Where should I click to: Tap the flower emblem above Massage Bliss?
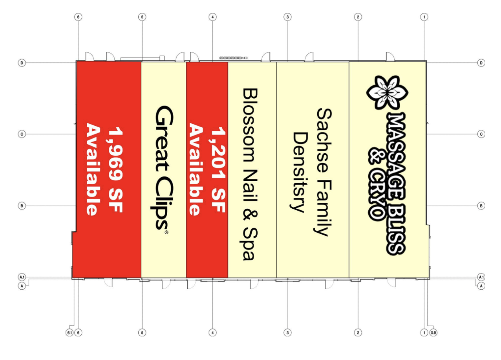(x=387, y=92)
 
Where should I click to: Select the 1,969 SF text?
(x=115, y=170)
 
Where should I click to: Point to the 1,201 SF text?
(x=218, y=170)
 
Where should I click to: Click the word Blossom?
(x=250, y=125)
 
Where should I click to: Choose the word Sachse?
(x=324, y=140)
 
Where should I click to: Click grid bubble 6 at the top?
(x=78, y=17)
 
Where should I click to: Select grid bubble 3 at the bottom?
(x=287, y=332)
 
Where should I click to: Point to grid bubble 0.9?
(x=433, y=332)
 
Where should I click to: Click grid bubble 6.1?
(x=69, y=332)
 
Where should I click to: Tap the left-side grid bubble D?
(x=22, y=63)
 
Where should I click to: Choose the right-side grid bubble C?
(x=481, y=134)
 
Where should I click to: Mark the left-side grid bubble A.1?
(x=22, y=277)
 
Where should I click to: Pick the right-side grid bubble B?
(x=481, y=206)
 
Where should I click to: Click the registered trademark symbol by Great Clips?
(x=166, y=232)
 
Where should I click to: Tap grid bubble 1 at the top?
(x=424, y=17)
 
